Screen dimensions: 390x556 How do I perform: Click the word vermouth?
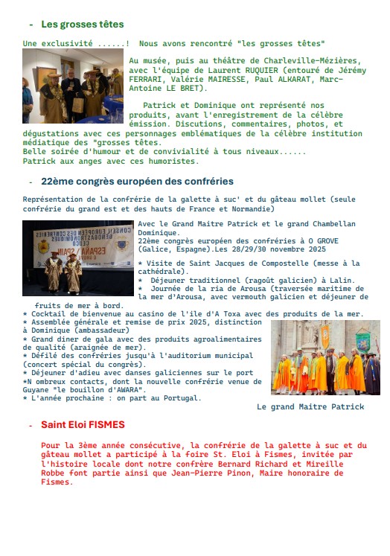(232, 297)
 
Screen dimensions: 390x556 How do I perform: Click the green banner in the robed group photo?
(362, 342)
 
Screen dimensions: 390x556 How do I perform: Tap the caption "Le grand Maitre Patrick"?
(310, 407)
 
